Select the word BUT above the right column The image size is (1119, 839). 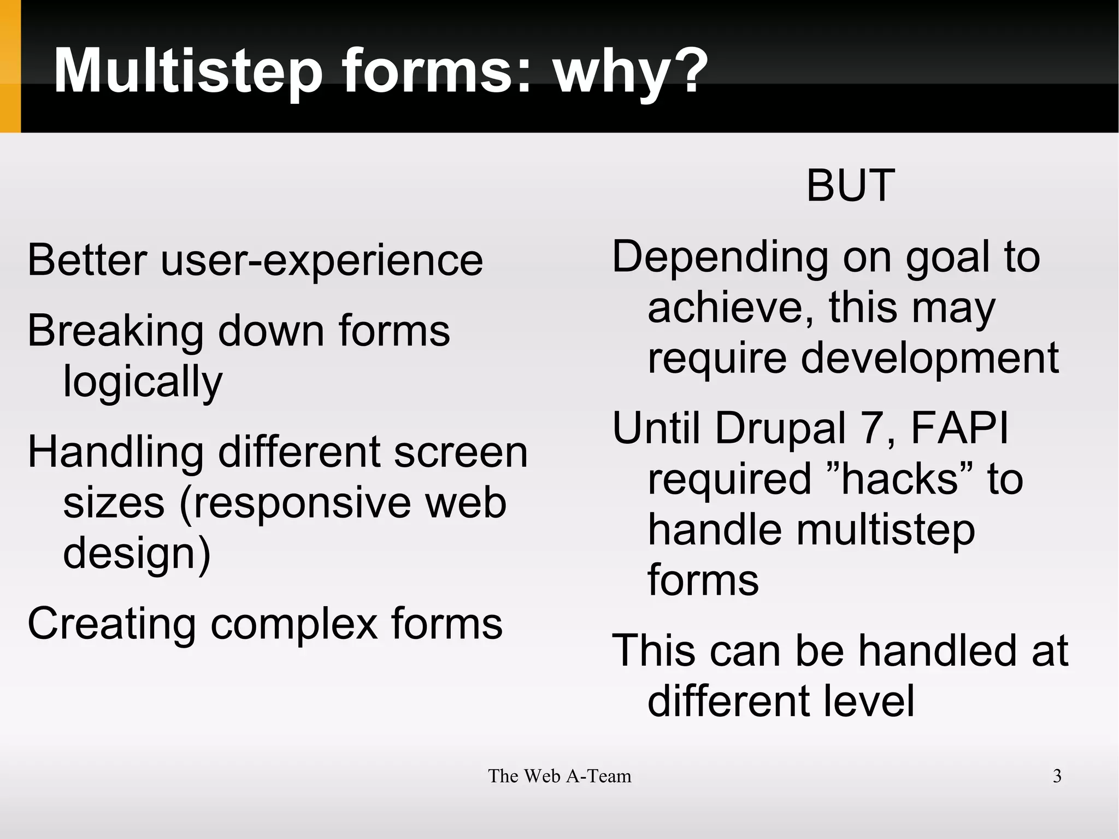point(850,186)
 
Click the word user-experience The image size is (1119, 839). point(321,261)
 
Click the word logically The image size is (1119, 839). point(143,382)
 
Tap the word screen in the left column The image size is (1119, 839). point(460,453)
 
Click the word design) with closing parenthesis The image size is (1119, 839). point(137,554)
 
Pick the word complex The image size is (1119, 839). point(295,624)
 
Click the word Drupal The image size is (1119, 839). point(780,429)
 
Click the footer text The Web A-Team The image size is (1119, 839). point(559,776)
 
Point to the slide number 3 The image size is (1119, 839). point(1057,776)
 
